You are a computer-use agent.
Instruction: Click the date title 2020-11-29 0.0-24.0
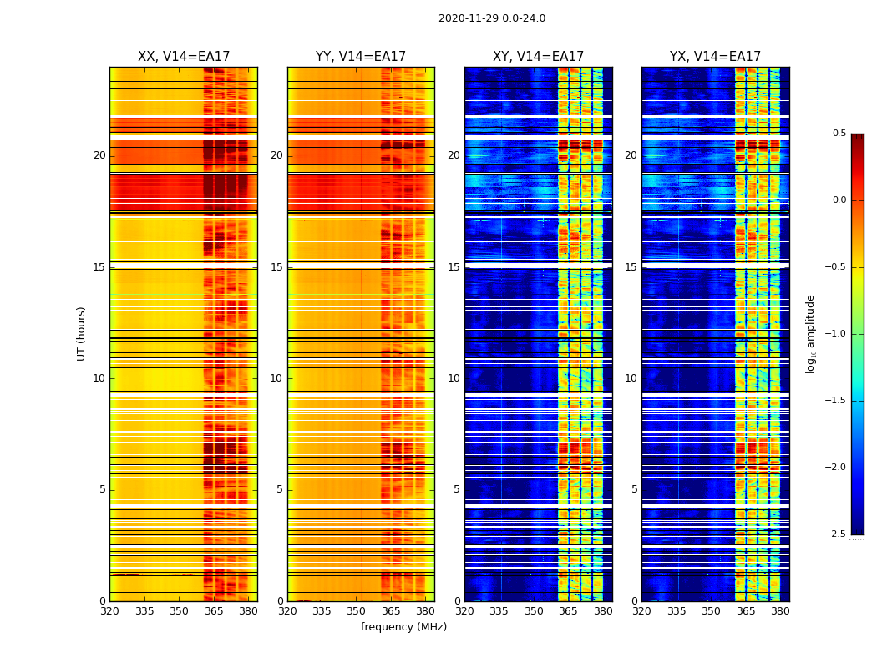(492, 18)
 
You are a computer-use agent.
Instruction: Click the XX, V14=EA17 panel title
(184, 57)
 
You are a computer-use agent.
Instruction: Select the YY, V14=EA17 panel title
(361, 57)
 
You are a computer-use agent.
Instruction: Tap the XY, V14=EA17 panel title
(538, 57)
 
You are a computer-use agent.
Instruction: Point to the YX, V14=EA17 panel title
(715, 57)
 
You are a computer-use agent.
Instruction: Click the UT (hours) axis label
(81, 333)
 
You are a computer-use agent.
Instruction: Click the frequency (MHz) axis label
(403, 627)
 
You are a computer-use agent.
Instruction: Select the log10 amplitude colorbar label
(810, 333)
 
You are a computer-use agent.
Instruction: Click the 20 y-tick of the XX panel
(99, 155)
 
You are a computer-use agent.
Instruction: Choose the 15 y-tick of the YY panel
(276, 267)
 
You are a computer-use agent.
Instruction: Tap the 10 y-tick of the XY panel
(454, 378)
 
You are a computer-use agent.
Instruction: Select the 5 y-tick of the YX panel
(634, 489)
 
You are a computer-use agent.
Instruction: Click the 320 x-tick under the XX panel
(109, 611)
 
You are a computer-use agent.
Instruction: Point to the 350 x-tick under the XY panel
(534, 611)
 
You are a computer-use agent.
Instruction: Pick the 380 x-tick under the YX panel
(780, 611)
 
